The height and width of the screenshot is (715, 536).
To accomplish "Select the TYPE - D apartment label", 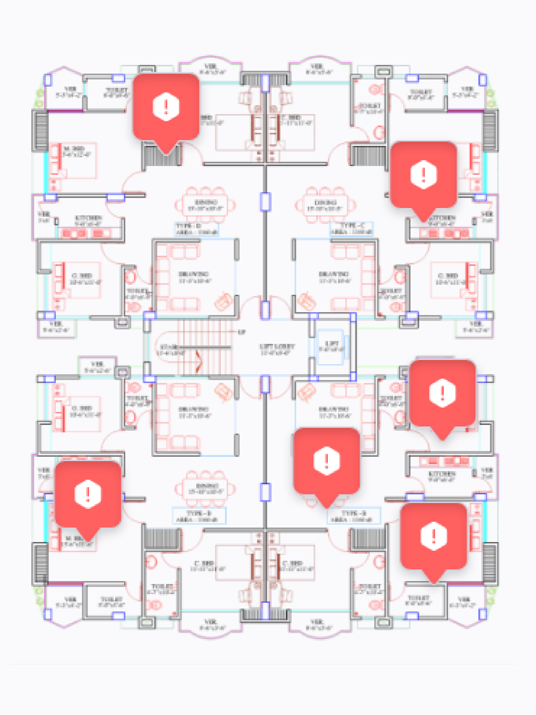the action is pyautogui.click(x=188, y=226).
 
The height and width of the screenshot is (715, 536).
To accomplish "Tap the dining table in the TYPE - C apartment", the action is pyautogui.click(x=325, y=205).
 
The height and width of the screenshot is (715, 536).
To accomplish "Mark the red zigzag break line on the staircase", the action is pyautogui.click(x=198, y=361).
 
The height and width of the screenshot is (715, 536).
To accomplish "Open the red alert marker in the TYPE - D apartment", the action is pyautogui.click(x=166, y=107).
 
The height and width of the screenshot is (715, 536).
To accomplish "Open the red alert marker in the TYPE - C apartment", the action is pyautogui.click(x=423, y=175).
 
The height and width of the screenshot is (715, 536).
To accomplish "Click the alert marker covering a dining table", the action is pyautogui.click(x=326, y=461).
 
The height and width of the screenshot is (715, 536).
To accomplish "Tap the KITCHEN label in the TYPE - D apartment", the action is pyautogui.click(x=88, y=218).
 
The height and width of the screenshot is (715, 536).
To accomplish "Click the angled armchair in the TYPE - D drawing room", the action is pyautogui.click(x=223, y=301).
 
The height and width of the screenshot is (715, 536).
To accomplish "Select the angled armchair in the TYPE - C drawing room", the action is pyautogui.click(x=306, y=301).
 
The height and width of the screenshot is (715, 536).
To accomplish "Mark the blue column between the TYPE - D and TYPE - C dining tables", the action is pyautogui.click(x=265, y=202).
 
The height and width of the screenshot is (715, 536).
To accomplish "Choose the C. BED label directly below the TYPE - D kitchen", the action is pyautogui.click(x=82, y=276).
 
